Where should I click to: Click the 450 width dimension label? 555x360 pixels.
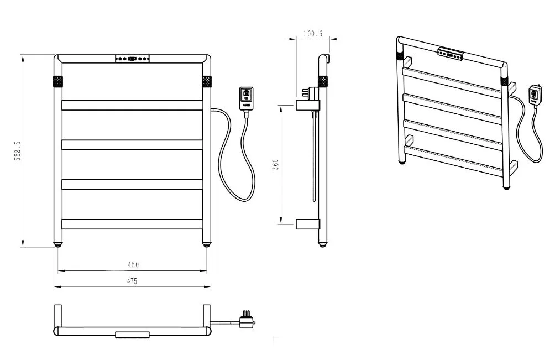coord(133,264)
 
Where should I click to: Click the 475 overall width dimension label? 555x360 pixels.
coord(132,281)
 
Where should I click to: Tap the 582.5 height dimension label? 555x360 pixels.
coord(18,151)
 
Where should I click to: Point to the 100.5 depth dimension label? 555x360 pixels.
coord(313,34)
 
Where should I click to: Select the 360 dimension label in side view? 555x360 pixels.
coord(276,164)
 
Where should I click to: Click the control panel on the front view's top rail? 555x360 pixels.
coord(132,58)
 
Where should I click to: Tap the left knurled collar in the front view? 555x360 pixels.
coord(58,81)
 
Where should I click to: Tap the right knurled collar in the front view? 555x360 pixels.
coord(207,81)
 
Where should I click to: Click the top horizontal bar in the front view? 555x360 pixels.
coord(132,105)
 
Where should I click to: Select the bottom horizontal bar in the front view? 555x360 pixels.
coord(132,224)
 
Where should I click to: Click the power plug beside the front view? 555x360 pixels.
coord(245,98)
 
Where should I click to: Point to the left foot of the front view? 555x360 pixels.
coord(58,243)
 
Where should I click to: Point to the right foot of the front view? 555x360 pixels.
coord(207,243)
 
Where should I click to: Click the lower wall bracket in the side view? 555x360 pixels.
coord(307,223)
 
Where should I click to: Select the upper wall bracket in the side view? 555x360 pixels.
coord(307,104)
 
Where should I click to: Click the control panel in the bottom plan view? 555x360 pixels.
coord(132,334)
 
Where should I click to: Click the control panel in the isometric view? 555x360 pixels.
coord(450,54)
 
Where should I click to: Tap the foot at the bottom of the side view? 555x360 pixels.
coord(323,243)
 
